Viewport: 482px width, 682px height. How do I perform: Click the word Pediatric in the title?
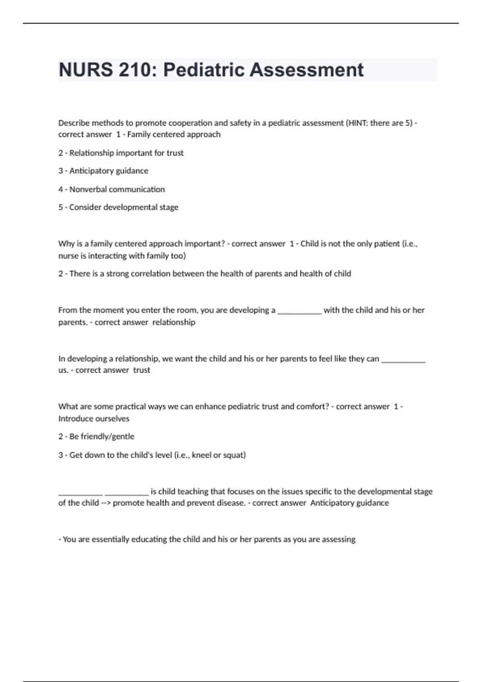tap(204, 70)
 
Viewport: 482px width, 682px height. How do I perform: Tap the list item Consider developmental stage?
tap(124, 207)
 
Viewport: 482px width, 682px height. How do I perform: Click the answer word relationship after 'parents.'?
tap(174, 322)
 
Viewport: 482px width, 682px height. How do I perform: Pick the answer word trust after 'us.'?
tap(141, 370)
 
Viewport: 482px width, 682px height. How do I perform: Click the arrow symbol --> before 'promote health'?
tap(106, 503)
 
